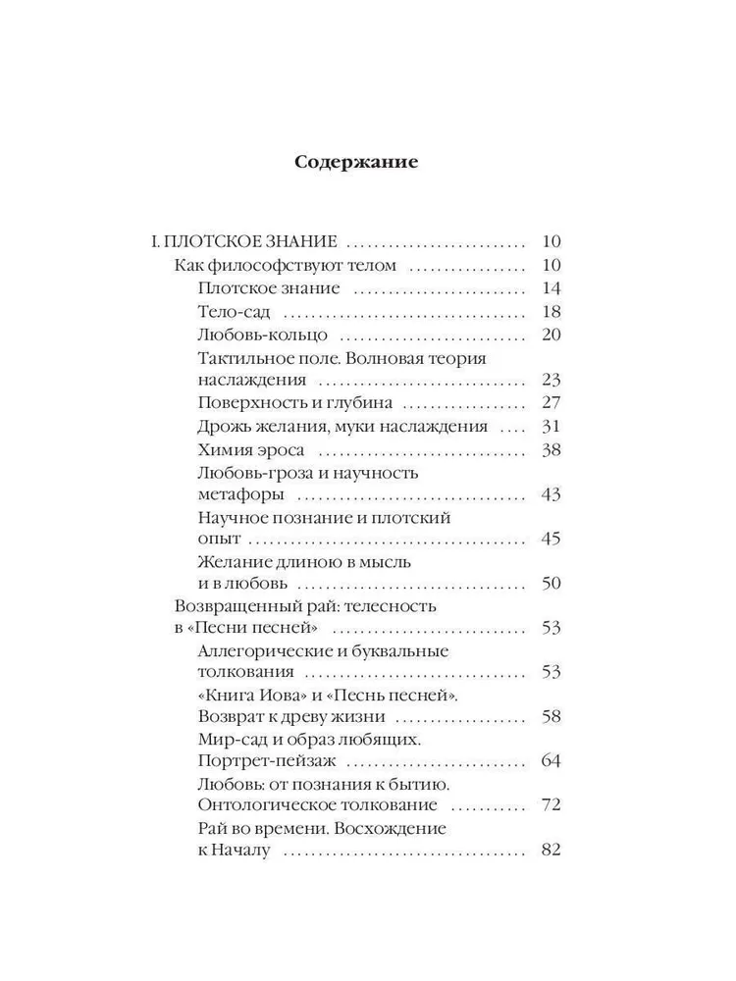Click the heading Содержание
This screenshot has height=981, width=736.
click(x=356, y=163)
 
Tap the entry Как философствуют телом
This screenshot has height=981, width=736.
click(x=285, y=265)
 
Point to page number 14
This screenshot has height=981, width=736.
click(x=550, y=288)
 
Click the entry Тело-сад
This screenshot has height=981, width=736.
click(x=234, y=312)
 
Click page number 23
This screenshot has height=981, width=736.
click(x=550, y=380)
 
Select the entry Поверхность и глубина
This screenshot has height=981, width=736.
click(x=294, y=402)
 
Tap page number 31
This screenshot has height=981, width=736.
click(x=550, y=426)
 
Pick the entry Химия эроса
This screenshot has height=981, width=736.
click(x=250, y=449)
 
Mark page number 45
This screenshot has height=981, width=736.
click(x=550, y=540)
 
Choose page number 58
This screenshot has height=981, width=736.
click(x=550, y=716)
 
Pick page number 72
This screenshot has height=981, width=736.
click(x=550, y=805)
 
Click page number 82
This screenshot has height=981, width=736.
click(x=550, y=851)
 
